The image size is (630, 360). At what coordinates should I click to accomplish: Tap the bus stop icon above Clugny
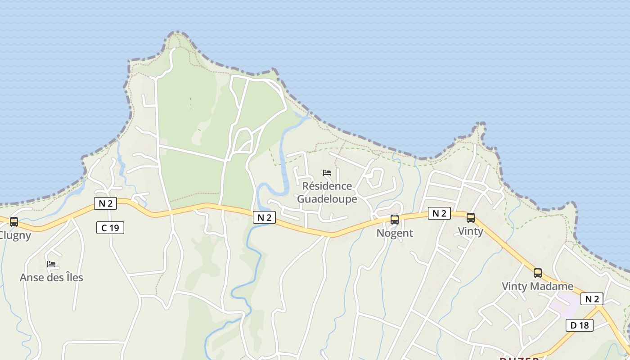point(14,221)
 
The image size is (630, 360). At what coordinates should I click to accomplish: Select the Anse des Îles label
point(51,277)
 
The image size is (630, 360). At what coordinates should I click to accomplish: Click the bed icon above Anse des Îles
point(51,264)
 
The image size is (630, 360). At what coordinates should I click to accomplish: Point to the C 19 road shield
point(110,228)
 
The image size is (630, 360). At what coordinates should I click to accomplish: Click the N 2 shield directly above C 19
point(105,203)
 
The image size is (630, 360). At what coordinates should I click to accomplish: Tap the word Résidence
point(327,186)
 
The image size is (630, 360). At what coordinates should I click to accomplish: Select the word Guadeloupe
point(327,199)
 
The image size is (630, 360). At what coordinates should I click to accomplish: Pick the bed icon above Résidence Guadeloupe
point(327,173)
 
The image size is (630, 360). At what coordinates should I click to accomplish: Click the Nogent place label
point(395,233)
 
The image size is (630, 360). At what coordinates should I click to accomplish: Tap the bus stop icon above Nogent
point(395,220)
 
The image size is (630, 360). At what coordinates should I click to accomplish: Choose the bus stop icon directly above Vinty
point(471,218)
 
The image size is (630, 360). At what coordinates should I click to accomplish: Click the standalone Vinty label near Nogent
point(471,231)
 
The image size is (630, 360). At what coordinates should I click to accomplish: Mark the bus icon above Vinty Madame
point(538,273)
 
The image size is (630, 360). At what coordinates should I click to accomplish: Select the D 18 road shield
point(580,325)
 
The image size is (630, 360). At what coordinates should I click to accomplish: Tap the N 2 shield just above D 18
point(592,299)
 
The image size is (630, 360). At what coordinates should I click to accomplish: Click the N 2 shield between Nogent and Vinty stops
point(439,213)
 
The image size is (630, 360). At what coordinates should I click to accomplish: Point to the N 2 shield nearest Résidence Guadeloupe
point(264,217)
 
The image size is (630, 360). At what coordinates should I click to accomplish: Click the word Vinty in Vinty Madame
point(515,286)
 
